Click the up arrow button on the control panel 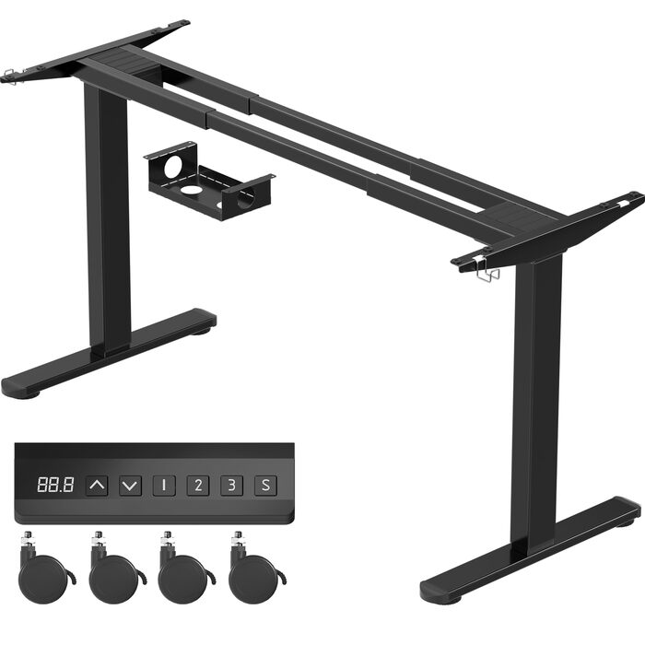coord(97,486)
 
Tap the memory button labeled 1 coord(164,486)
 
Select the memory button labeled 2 coord(198,486)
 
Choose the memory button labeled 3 coord(231,486)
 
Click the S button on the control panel coord(265,486)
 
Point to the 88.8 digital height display coord(55,485)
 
